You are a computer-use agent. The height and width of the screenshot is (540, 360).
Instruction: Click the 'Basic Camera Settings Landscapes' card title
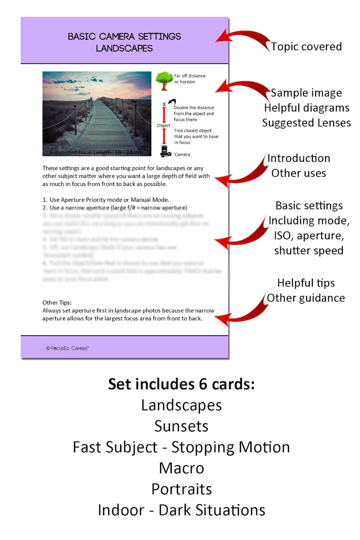point(124,42)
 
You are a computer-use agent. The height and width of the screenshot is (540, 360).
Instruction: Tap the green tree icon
point(163,80)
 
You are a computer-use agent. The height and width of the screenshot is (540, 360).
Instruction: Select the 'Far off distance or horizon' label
point(190,78)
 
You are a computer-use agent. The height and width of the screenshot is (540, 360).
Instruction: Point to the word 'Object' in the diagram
point(164,125)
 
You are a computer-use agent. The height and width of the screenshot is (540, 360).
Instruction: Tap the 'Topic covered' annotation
point(306,46)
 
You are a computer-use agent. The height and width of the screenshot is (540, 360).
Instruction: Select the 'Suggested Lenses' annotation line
point(306,122)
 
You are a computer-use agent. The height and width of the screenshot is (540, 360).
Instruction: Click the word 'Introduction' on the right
point(298,158)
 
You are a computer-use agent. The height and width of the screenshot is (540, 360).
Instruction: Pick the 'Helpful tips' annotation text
point(306,283)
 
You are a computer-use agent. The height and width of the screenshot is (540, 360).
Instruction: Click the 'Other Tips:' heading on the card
point(57,302)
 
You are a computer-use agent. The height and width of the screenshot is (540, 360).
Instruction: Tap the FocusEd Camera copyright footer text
point(68,348)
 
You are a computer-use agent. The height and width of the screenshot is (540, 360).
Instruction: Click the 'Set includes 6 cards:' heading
point(181,384)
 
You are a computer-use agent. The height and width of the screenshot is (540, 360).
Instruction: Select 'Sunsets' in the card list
point(181,426)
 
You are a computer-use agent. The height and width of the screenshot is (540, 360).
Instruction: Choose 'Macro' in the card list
point(181,468)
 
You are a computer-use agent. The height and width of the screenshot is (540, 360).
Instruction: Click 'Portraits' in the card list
point(181,489)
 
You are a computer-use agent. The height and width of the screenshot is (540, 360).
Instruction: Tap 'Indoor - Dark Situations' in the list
point(181,510)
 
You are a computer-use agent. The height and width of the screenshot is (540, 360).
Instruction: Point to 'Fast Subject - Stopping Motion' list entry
point(181,447)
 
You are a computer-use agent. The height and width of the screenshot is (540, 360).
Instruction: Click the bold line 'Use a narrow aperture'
point(118,208)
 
